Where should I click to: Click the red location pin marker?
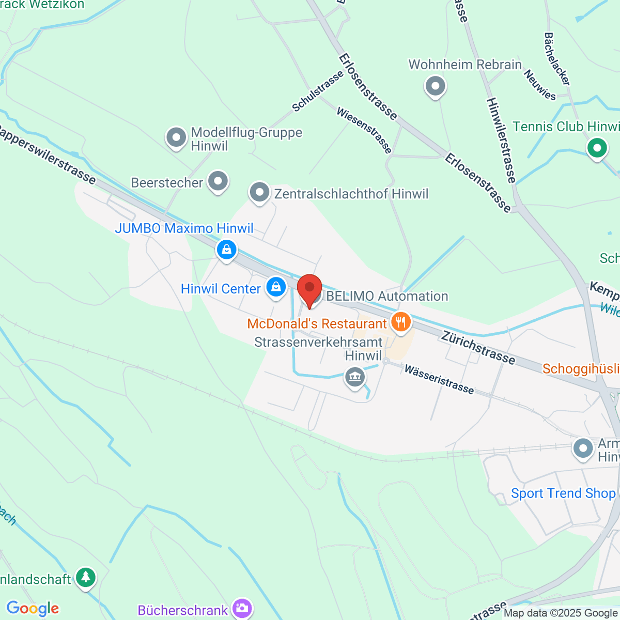pyautogui.click(x=309, y=289)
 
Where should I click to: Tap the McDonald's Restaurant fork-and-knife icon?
pyautogui.click(x=400, y=322)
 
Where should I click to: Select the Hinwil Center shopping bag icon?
pyautogui.click(x=276, y=287)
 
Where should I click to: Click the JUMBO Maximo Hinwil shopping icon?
pyautogui.click(x=226, y=250)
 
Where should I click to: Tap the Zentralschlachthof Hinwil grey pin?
pyautogui.click(x=259, y=193)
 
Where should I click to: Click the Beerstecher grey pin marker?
pyautogui.click(x=218, y=181)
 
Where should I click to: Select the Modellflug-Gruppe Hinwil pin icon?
pyautogui.click(x=176, y=138)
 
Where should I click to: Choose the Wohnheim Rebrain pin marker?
pyautogui.click(x=435, y=86)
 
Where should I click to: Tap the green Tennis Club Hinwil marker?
pyautogui.click(x=597, y=149)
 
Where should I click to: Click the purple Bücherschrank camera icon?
pyautogui.click(x=242, y=609)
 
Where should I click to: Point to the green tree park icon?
pyautogui.click(x=86, y=577)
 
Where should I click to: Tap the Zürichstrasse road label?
pyautogui.click(x=478, y=348)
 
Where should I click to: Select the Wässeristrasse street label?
pyautogui.click(x=439, y=379)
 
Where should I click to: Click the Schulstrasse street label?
pyautogui.click(x=317, y=91)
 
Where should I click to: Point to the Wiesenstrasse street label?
pyautogui.click(x=364, y=130)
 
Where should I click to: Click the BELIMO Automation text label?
pyautogui.click(x=387, y=296)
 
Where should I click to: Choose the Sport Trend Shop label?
pyautogui.click(x=563, y=493)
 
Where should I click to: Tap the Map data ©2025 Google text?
pyautogui.click(x=561, y=613)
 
